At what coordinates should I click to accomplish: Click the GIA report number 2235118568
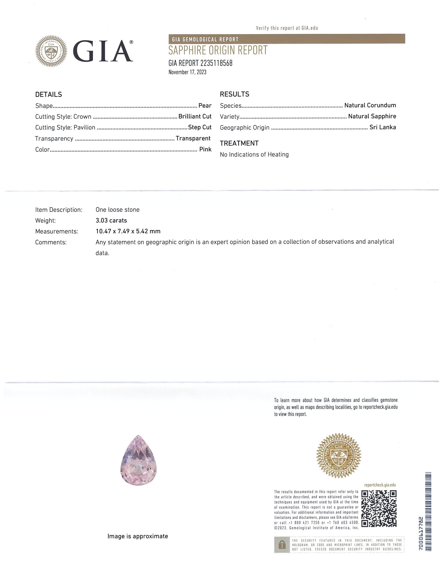pos(200,63)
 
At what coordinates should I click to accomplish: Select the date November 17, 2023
pos(187,72)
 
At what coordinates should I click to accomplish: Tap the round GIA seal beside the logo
pos(51,51)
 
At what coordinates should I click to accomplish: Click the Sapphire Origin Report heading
pos(218,50)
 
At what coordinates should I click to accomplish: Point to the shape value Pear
pos(205,106)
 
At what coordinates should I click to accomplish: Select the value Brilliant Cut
pos(195,116)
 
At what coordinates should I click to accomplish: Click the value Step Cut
pos(200,127)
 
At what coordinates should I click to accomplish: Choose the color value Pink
pos(205,149)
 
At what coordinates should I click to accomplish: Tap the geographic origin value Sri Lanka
pos(383,127)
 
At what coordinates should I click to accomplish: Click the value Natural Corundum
pos(370,105)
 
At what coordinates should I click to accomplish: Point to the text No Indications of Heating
pos(254,154)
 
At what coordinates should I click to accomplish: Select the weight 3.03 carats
pos(111,220)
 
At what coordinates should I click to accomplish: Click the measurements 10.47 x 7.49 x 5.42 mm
pos(128,231)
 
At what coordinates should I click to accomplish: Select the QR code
pos(379,509)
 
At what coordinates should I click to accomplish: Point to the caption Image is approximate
pos(138,536)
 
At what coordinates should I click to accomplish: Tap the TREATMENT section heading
pos(239,143)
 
